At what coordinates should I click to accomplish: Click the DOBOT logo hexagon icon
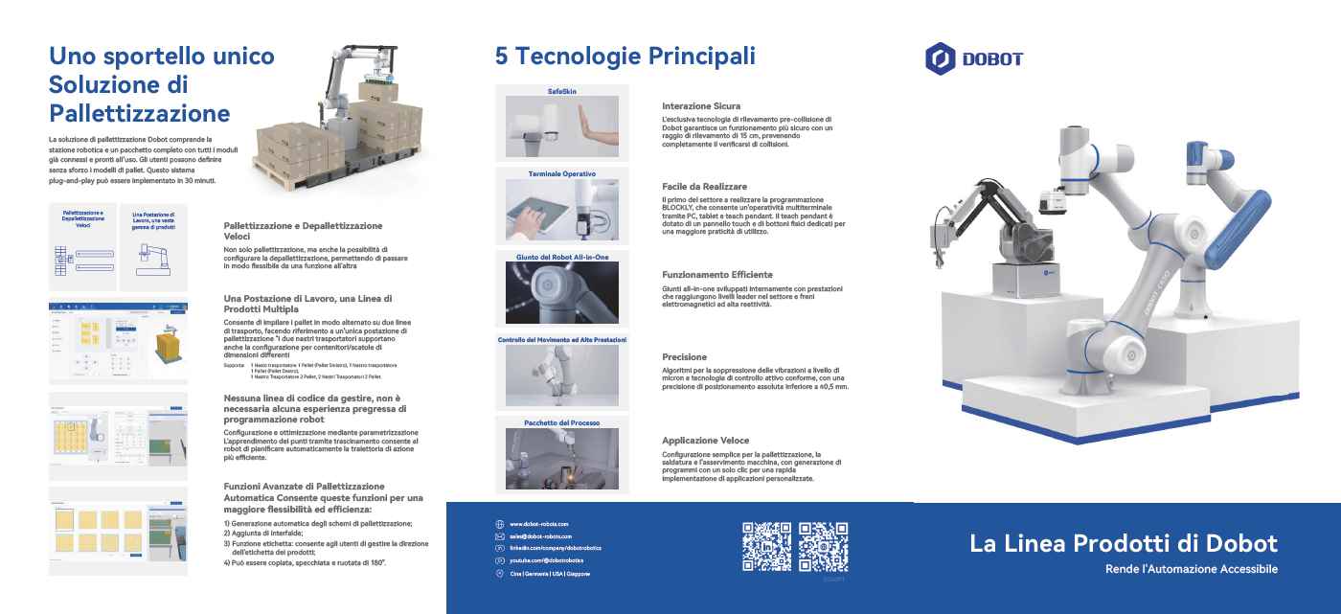tap(940, 58)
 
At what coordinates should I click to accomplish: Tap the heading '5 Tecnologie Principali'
tap(625, 56)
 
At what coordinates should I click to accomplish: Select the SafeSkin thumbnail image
tap(562, 125)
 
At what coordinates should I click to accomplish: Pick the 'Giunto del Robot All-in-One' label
tap(562, 258)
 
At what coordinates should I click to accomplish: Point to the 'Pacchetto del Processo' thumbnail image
tap(562, 457)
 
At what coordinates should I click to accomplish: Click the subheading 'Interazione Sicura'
tap(701, 106)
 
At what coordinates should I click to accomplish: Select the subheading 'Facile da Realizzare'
tap(704, 186)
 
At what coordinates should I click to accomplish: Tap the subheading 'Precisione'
tap(684, 356)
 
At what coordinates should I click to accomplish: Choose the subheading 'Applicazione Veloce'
tap(707, 441)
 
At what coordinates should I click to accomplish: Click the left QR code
tap(766, 546)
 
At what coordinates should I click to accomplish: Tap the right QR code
tap(824, 546)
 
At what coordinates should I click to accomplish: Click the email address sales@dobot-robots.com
tap(540, 536)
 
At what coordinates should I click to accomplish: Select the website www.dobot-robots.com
tap(538, 524)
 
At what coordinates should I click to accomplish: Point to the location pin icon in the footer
tap(499, 573)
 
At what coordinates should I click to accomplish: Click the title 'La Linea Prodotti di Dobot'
tap(1123, 544)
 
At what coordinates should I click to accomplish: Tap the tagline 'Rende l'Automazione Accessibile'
tap(1191, 570)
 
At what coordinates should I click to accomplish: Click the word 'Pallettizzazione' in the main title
tap(140, 114)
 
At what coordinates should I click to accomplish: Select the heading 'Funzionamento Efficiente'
tap(717, 274)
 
